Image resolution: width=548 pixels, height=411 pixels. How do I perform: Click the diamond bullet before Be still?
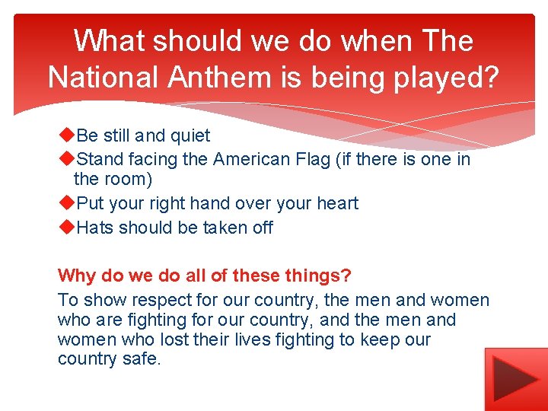[x=66, y=135]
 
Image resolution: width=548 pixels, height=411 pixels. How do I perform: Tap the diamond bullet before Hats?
[x=66, y=227]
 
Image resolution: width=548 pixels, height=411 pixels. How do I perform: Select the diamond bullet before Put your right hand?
[x=66, y=203]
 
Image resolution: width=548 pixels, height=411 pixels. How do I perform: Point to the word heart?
[x=336, y=204]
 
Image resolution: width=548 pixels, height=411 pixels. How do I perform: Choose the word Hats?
[x=95, y=228]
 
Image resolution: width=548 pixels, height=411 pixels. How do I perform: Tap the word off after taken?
[x=262, y=228]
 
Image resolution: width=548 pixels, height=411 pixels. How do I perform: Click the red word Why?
[x=75, y=275]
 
